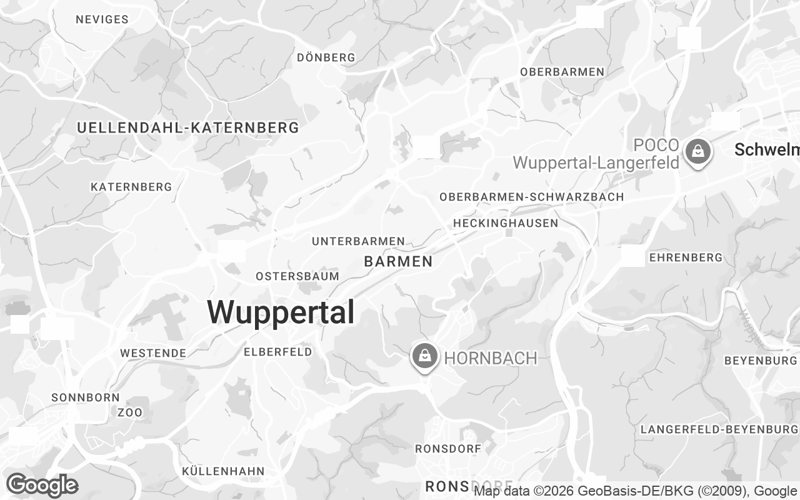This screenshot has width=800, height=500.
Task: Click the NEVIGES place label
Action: (x=102, y=19)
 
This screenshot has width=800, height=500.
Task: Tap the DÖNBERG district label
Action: (x=326, y=57)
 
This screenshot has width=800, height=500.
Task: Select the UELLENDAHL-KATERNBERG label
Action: (x=187, y=128)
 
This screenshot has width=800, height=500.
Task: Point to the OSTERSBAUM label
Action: (x=297, y=276)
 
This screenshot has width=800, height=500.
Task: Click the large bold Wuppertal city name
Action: (x=281, y=312)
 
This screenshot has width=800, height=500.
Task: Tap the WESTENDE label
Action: (x=153, y=353)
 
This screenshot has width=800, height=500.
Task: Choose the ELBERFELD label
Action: (x=277, y=352)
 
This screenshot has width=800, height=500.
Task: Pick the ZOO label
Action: (x=130, y=412)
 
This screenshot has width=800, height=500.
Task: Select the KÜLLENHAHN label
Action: (x=223, y=471)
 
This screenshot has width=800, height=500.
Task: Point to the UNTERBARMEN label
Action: (x=358, y=241)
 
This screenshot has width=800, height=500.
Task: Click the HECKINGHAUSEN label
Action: (x=506, y=223)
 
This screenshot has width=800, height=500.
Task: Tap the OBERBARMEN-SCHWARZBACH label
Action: (x=531, y=197)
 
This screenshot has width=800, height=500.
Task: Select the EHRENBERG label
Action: (x=686, y=257)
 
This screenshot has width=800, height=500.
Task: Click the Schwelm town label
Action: (x=766, y=150)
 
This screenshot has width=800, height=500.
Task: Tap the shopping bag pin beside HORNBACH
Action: (x=425, y=356)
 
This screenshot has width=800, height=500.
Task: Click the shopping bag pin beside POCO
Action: (x=697, y=151)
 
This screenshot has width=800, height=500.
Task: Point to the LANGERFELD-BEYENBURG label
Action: (x=719, y=429)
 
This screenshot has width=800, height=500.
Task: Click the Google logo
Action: (x=42, y=485)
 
